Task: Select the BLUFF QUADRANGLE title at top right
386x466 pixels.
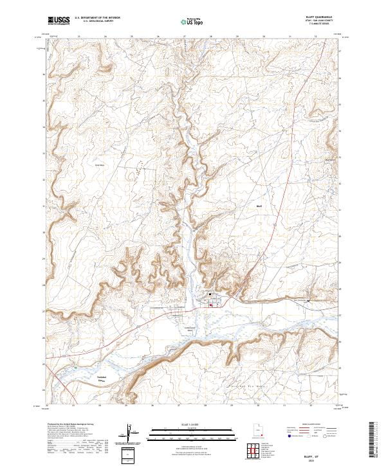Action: (x=324, y=18)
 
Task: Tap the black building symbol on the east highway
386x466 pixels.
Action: (x=309, y=300)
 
